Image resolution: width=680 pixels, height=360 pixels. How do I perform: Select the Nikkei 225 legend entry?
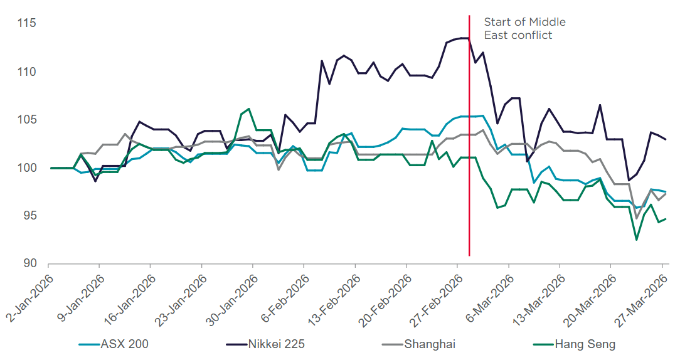click(x=274, y=344)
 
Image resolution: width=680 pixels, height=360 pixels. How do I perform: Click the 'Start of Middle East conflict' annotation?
click(x=524, y=29)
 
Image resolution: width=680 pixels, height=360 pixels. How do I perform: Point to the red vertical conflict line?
click(x=469, y=157)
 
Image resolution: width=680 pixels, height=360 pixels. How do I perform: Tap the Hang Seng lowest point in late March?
click(x=636, y=240)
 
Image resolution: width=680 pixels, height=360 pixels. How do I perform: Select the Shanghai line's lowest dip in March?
click(x=636, y=218)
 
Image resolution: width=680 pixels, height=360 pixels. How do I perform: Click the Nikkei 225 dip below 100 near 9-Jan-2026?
click(x=95, y=181)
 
